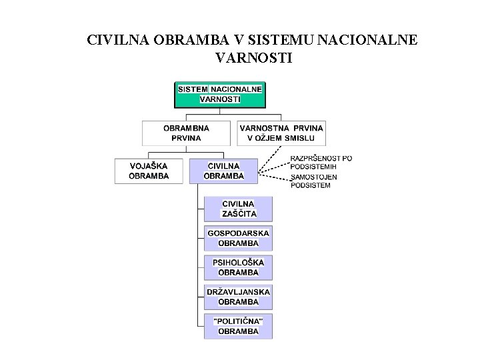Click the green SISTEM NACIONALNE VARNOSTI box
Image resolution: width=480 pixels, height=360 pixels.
pos(220,94)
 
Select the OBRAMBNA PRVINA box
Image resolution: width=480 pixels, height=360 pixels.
pos(186,133)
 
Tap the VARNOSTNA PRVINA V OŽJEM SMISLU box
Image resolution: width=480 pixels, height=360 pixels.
pos(281,133)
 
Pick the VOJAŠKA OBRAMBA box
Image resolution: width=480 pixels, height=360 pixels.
pos(149,171)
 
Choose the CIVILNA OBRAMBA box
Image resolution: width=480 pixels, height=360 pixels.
pos(223,171)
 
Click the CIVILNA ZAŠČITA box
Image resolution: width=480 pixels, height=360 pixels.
pos(238,209)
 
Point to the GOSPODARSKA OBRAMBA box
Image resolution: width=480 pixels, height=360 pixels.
pos(238,238)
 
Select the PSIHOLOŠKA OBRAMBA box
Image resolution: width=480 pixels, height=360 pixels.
pos(238,267)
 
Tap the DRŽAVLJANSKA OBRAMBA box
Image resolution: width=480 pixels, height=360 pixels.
pos(238,297)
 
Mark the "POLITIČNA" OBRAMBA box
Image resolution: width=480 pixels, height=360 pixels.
pos(238,326)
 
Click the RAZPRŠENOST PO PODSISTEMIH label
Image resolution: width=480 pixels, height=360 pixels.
pos(321,162)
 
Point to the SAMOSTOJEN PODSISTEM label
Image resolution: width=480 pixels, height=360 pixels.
pos(314,181)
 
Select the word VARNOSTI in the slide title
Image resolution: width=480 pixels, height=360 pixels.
pos(254,59)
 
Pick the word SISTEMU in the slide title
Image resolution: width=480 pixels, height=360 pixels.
pos(272,40)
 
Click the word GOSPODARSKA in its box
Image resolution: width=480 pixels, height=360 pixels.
pos(238,233)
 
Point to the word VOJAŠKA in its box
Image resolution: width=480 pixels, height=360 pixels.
pos(149,166)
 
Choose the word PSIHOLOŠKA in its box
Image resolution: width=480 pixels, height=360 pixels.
pos(238,263)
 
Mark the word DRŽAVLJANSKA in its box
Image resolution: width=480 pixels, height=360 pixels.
pos(238,292)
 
